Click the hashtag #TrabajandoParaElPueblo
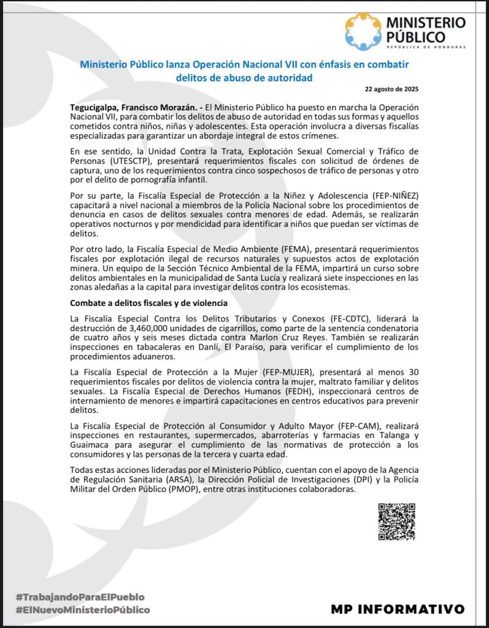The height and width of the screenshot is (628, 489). coord(80,596)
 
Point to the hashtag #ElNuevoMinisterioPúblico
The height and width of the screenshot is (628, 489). coord(83,610)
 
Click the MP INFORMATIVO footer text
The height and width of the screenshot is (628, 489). coord(397,609)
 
